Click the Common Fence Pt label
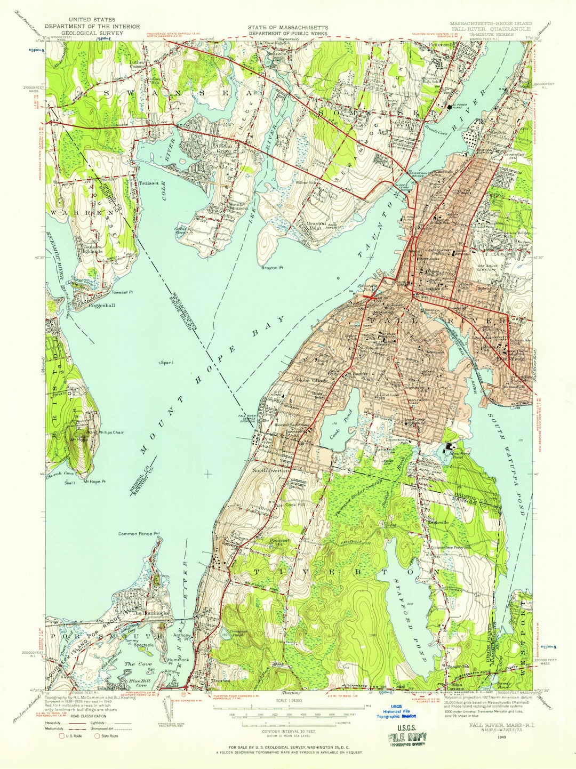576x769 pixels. point(139,533)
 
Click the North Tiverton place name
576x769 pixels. point(271,470)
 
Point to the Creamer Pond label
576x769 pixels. point(237,633)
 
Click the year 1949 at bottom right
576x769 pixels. point(500,738)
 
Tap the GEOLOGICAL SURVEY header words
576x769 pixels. point(92,33)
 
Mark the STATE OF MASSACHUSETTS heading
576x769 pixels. point(287,27)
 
